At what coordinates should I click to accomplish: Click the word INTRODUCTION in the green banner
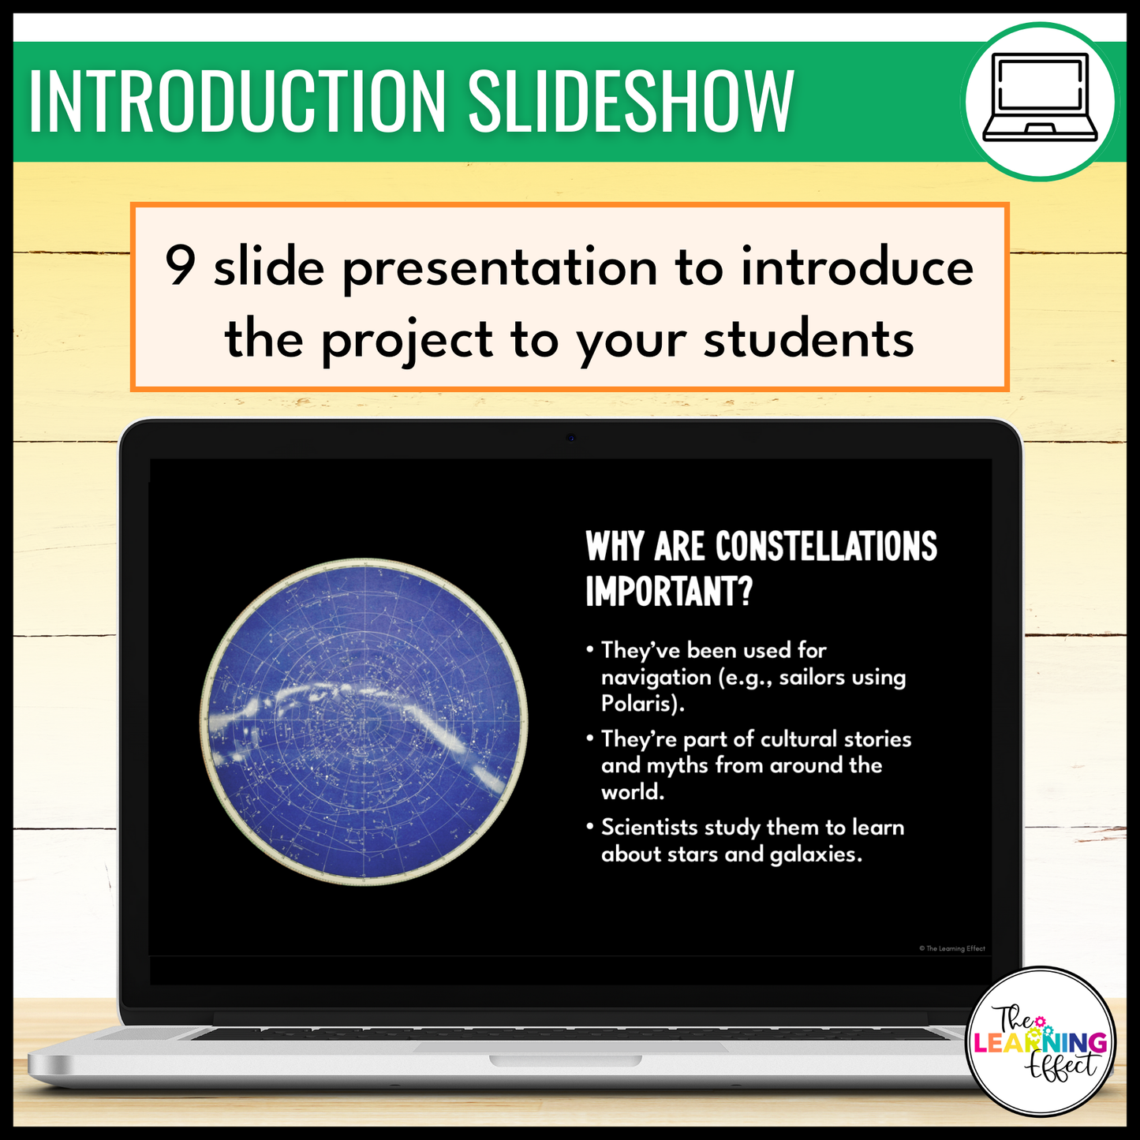click(236, 101)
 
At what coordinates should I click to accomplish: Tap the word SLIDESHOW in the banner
click(630, 101)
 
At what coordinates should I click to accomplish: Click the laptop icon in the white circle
click(1040, 98)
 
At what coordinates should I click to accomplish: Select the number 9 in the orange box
click(180, 266)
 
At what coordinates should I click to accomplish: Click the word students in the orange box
click(809, 340)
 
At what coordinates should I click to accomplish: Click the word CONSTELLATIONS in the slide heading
click(826, 546)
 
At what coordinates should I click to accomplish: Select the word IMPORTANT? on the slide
click(669, 591)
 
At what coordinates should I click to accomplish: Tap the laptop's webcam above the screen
click(570, 438)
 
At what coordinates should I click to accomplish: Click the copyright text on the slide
click(951, 948)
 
